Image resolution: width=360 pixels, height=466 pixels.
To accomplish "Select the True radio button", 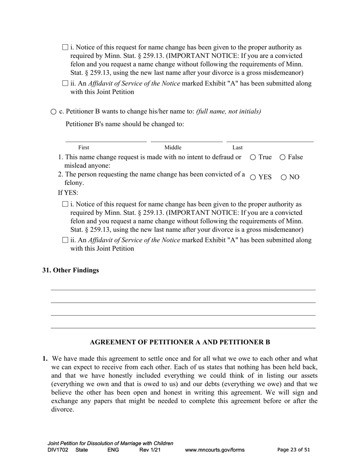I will pyautogui.click(x=253, y=157).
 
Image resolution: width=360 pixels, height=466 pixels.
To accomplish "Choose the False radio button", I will pyautogui.click(x=282, y=157).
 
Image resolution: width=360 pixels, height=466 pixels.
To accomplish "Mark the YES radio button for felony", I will pyautogui.click(x=253, y=177).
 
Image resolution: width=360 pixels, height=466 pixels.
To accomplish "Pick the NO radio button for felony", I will pyautogui.click(x=284, y=177).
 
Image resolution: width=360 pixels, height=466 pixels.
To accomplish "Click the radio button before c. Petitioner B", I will pyautogui.click(x=53, y=112).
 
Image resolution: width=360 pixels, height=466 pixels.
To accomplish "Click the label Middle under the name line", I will pyautogui.click(x=173, y=147).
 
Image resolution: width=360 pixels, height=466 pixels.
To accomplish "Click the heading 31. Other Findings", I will pyautogui.click(x=70, y=270).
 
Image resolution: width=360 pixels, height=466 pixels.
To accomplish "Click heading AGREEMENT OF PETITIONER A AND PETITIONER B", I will pyautogui.click(x=180, y=342).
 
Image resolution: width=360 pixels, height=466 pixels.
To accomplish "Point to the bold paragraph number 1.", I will pyautogui.click(x=45, y=358).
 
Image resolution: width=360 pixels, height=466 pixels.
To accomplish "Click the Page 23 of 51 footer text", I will pyautogui.click(x=294, y=450).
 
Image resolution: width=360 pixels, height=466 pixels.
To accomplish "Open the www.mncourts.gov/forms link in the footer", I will pyautogui.click(x=214, y=450).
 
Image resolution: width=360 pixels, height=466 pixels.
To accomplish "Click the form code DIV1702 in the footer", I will pyautogui.click(x=58, y=450).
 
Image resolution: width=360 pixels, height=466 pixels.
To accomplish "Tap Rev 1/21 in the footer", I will pyautogui.click(x=150, y=450).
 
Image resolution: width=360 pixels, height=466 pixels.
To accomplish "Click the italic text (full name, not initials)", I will pyautogui.click(x=229, y=111).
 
